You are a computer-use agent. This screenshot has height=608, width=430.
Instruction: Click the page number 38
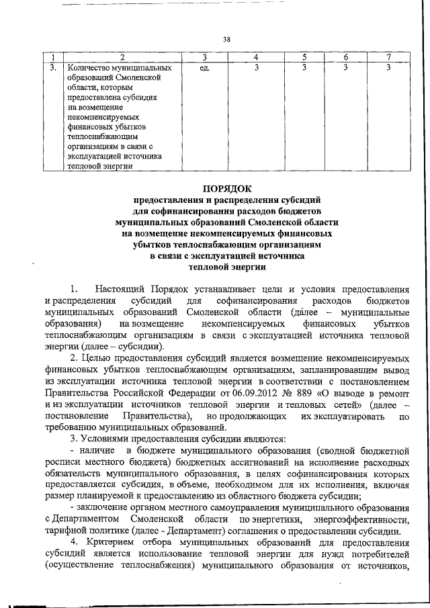click(226, 39)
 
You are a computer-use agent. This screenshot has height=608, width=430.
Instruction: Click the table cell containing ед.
click(206, 68)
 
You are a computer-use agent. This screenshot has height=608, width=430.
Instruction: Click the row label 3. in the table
click(52, 68)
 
